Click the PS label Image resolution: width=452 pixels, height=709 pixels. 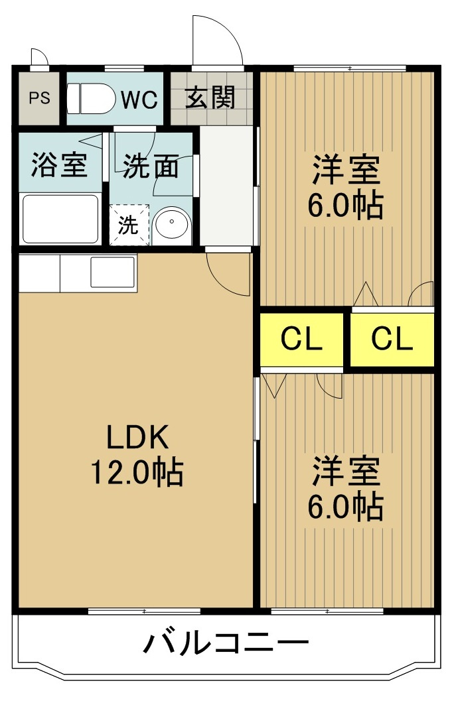(39, 98)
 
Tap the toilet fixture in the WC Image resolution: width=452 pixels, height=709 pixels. (91, 98)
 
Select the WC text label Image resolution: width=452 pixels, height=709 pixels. (139, 99)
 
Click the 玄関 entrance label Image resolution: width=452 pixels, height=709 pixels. (211, 97)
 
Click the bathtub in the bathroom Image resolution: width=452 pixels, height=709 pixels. (60, 219)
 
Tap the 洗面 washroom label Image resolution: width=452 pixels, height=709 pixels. (151, 166)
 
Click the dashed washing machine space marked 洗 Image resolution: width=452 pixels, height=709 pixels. (129, 225)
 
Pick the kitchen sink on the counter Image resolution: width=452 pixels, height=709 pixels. (113, 272)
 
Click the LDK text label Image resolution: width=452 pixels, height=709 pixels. (137, 437)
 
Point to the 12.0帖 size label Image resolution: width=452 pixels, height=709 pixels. (137, 472)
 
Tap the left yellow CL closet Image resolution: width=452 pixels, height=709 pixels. (301, 339)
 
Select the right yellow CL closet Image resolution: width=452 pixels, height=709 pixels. (392, 339)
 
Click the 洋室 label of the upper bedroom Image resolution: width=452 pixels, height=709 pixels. (346, 169)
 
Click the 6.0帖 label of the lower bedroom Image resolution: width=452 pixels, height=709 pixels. (346, 507)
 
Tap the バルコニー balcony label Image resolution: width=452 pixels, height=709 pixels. (226, 643)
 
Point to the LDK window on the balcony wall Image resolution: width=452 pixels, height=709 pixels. (144, 612)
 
